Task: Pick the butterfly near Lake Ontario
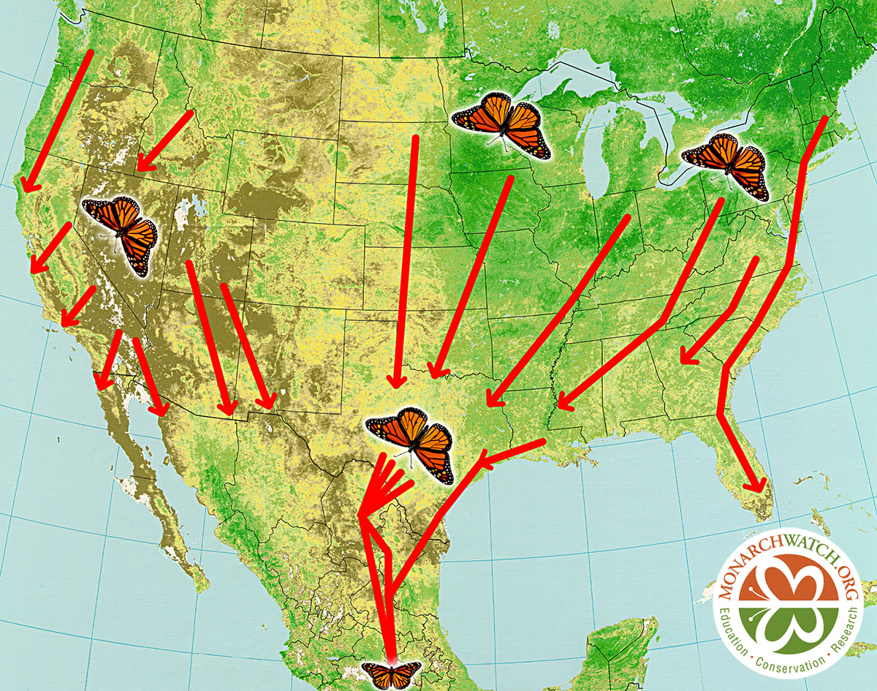coord(726,164)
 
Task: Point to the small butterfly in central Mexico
coord(392,673)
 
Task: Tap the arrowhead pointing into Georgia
coord(686,356)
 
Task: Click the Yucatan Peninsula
coord(621,643)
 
